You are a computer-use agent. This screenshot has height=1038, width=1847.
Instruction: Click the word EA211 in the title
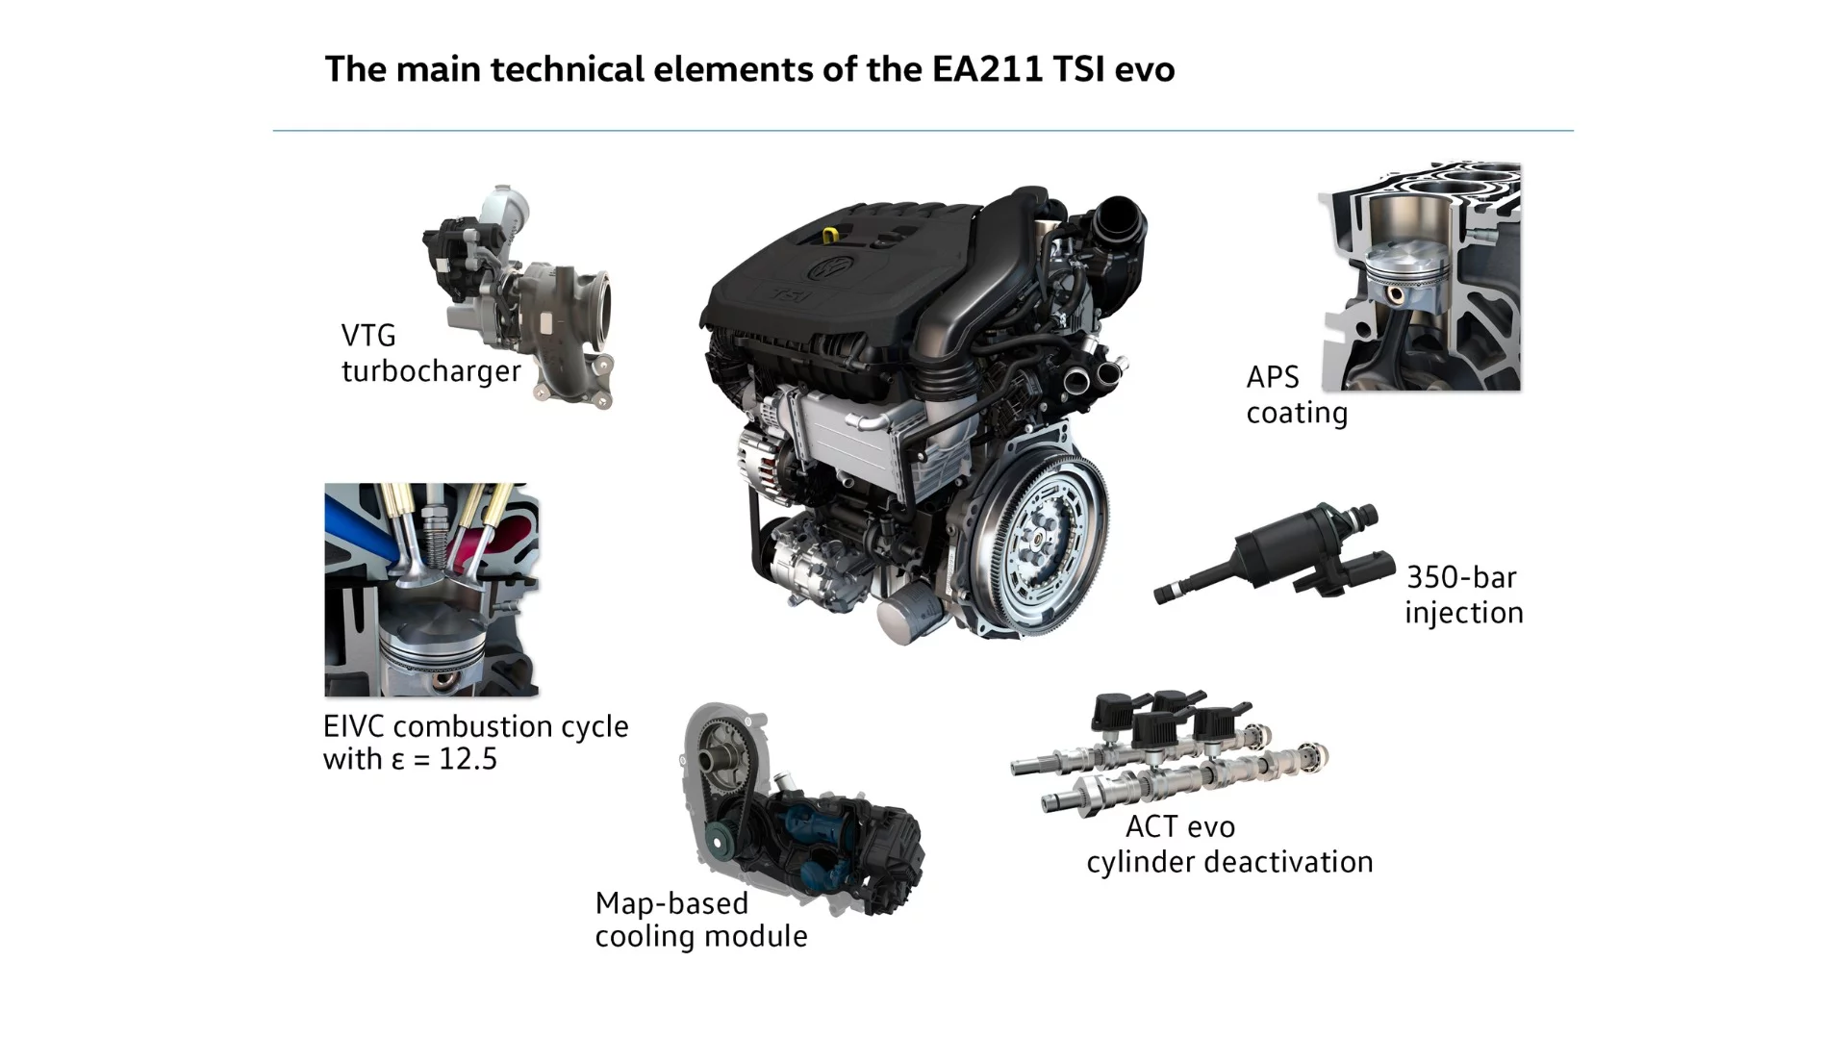click(x=987, y=70)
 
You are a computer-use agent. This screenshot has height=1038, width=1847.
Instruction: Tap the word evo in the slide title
click(x=1145, y=70)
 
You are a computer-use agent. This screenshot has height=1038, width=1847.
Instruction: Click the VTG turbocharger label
click(x=430, y=353)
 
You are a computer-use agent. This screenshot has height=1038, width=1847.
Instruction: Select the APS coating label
click(x=1296, y=394)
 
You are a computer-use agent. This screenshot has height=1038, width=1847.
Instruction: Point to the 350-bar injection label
click(x=1463, y=595)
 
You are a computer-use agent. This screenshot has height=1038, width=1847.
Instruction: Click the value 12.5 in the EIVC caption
click(x=468, y=759)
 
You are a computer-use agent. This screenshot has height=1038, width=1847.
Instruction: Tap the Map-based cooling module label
click(x=700, y=919)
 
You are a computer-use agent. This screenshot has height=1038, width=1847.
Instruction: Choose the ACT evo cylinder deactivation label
click(x=1228, y=844)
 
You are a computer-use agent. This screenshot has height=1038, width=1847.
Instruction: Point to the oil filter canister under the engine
click(x=908, y=616)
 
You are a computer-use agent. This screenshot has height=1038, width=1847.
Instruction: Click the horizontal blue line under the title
click(x=923, y=131)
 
